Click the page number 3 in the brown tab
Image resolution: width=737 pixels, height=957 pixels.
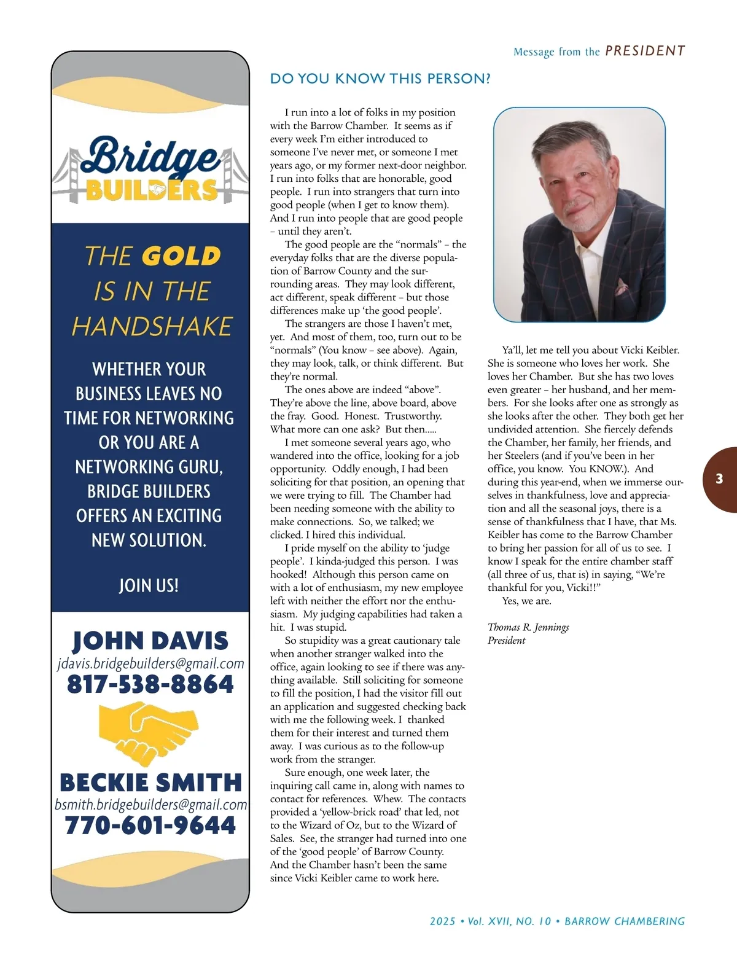click(x=719, y=479)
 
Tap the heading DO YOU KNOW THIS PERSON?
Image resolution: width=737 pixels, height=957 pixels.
click(x=380, y=79)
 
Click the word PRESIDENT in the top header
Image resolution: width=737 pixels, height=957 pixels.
click(x=645, y=51)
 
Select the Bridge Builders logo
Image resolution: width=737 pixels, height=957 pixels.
click(x=150, y=169)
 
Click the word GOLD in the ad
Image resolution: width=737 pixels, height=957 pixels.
click(x=181, y=256)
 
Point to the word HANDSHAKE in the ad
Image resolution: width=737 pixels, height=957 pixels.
click(x=152, y=326)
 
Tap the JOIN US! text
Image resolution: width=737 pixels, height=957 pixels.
click(x=149, y=585)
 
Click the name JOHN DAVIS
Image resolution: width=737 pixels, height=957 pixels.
click(x=150, y=641)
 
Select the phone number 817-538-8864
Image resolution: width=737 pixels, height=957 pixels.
click(x=150, y=684)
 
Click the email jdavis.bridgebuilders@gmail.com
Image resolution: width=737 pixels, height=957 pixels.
click(x=150, y=663)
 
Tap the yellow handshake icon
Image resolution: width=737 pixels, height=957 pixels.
click(x=149, y=732)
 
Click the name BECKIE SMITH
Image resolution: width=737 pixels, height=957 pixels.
click(x=150, y=783)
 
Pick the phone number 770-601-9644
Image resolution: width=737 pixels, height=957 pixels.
click(x=150, y=825)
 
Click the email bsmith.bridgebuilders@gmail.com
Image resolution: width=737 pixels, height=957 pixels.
click(x=150, y=805)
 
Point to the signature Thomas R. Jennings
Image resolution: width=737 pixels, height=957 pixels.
click(x=528, y=627)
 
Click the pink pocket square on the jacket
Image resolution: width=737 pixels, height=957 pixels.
click(x=622, y=286)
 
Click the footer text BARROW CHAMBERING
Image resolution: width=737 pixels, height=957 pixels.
click(x=625, y=921)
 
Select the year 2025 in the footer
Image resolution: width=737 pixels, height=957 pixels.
click(x=443, y=921)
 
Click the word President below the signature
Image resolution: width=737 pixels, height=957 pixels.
click(x=507, y=641)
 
